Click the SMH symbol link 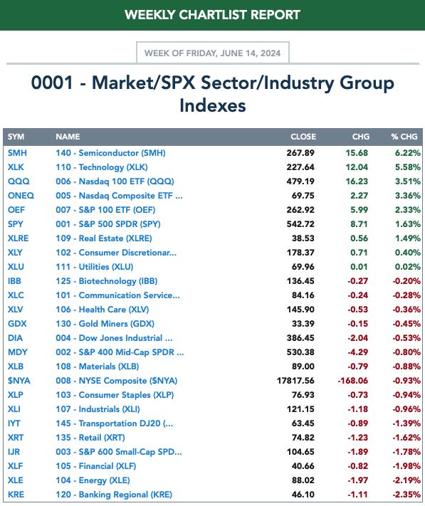pos(17,153)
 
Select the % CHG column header pos(404,137)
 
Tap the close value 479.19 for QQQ pos(300,181)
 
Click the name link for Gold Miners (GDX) pos(105,324)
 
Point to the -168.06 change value pos(352,381)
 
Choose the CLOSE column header pos(303,137)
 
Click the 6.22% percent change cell pos(408,153)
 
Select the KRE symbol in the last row pos(16,495)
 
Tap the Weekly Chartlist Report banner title pos(212,15)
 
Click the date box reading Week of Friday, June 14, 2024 pos(213,53)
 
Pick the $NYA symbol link pos(19,381)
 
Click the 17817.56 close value pos(295,381)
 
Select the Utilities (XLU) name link pos(94,267)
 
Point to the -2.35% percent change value pos(406,495)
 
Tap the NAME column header pos(68,137)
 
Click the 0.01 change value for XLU pos(360,267)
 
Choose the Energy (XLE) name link pos(93,480)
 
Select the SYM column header pos(16,137)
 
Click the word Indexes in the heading pos(213,105)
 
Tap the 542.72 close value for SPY pos(300,224)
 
